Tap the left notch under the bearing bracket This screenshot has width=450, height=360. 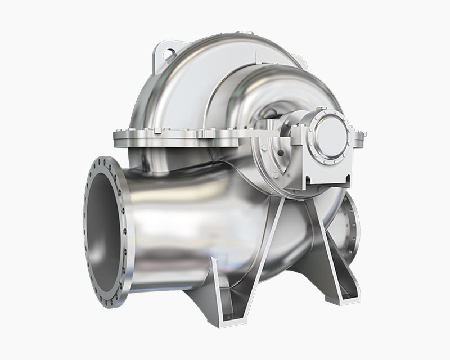308,182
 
